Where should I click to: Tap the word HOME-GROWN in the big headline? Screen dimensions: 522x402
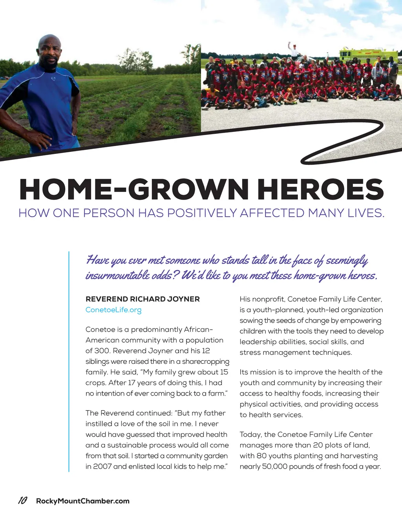pos(133,189)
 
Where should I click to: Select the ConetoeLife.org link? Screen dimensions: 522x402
pos(113,310)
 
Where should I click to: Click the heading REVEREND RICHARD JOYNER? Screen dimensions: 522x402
pos(143,299)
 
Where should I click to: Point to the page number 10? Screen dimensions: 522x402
pos(23,500)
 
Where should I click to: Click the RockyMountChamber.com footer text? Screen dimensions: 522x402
pos(82,501)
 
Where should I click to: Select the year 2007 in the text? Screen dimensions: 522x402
pos(102,466)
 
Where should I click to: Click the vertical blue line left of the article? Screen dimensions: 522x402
pos(69,361)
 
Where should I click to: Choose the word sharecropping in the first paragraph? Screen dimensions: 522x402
pos(205,361)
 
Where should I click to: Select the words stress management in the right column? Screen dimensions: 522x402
pos(275,352)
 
